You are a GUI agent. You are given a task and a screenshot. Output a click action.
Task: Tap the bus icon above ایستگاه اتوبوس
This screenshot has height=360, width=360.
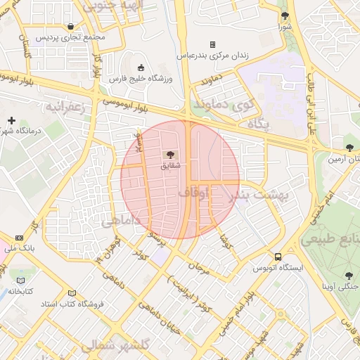[x=279, y=257]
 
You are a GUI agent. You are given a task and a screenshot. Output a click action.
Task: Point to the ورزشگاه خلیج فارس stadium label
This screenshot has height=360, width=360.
[x=140, y=79]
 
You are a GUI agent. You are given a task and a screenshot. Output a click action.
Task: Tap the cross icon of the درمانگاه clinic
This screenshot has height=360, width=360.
[x=11, y=120]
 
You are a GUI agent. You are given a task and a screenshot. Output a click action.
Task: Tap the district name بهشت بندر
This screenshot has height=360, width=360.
[x=259, y=195]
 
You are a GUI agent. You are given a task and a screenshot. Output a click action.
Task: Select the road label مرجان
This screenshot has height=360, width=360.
[x=200, y=268]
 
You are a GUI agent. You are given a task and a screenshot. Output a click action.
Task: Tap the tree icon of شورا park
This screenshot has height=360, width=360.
[x=285, y=15]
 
